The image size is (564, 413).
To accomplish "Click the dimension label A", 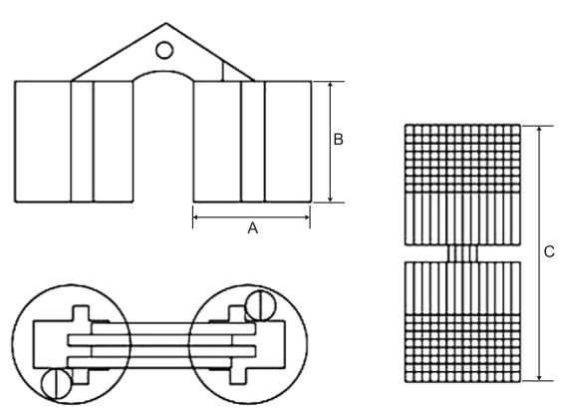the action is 252,228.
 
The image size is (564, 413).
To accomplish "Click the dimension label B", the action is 338,140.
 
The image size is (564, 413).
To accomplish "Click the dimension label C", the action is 549,251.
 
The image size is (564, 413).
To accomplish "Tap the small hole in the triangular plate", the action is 164,50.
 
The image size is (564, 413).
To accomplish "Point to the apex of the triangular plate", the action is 165,24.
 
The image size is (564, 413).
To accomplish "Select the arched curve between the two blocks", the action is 163,71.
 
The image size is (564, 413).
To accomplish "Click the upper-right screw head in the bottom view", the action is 260,305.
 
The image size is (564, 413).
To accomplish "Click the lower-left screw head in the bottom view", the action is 57,383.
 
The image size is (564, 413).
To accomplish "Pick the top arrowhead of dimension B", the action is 331,85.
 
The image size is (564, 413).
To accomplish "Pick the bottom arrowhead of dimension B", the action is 331,199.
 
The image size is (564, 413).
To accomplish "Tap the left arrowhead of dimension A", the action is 196,217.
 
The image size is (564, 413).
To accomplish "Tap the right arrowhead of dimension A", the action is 306,217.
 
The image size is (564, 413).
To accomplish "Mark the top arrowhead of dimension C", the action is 539,130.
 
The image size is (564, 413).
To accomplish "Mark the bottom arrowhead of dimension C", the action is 539,377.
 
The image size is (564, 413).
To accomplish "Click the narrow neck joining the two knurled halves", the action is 462,253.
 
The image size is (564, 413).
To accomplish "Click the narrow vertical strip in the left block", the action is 82,142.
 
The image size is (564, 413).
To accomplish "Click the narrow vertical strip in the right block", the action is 253,142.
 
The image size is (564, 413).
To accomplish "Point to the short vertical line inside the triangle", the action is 223,72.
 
